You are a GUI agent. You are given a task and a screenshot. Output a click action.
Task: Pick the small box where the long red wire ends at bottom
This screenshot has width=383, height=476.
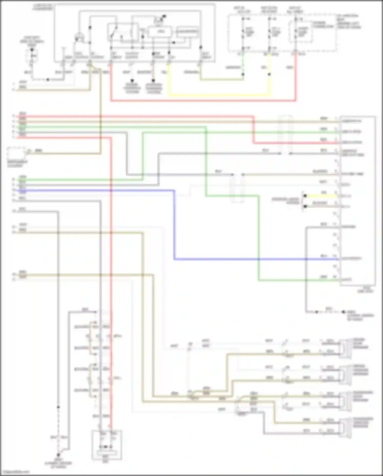tap(107, 445)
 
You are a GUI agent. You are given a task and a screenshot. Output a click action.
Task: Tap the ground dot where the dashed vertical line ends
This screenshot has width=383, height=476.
tap(58, 455)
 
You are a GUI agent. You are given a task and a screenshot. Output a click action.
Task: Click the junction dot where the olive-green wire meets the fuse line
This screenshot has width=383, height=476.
tap(243, 74)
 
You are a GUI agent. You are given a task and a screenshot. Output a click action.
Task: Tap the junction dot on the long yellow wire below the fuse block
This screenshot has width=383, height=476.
tap(269, 74)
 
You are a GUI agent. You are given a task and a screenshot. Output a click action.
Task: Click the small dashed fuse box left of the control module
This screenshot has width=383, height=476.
tap(32, 56)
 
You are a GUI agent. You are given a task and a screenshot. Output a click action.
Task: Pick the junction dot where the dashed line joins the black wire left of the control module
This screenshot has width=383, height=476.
tap(48, 80)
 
